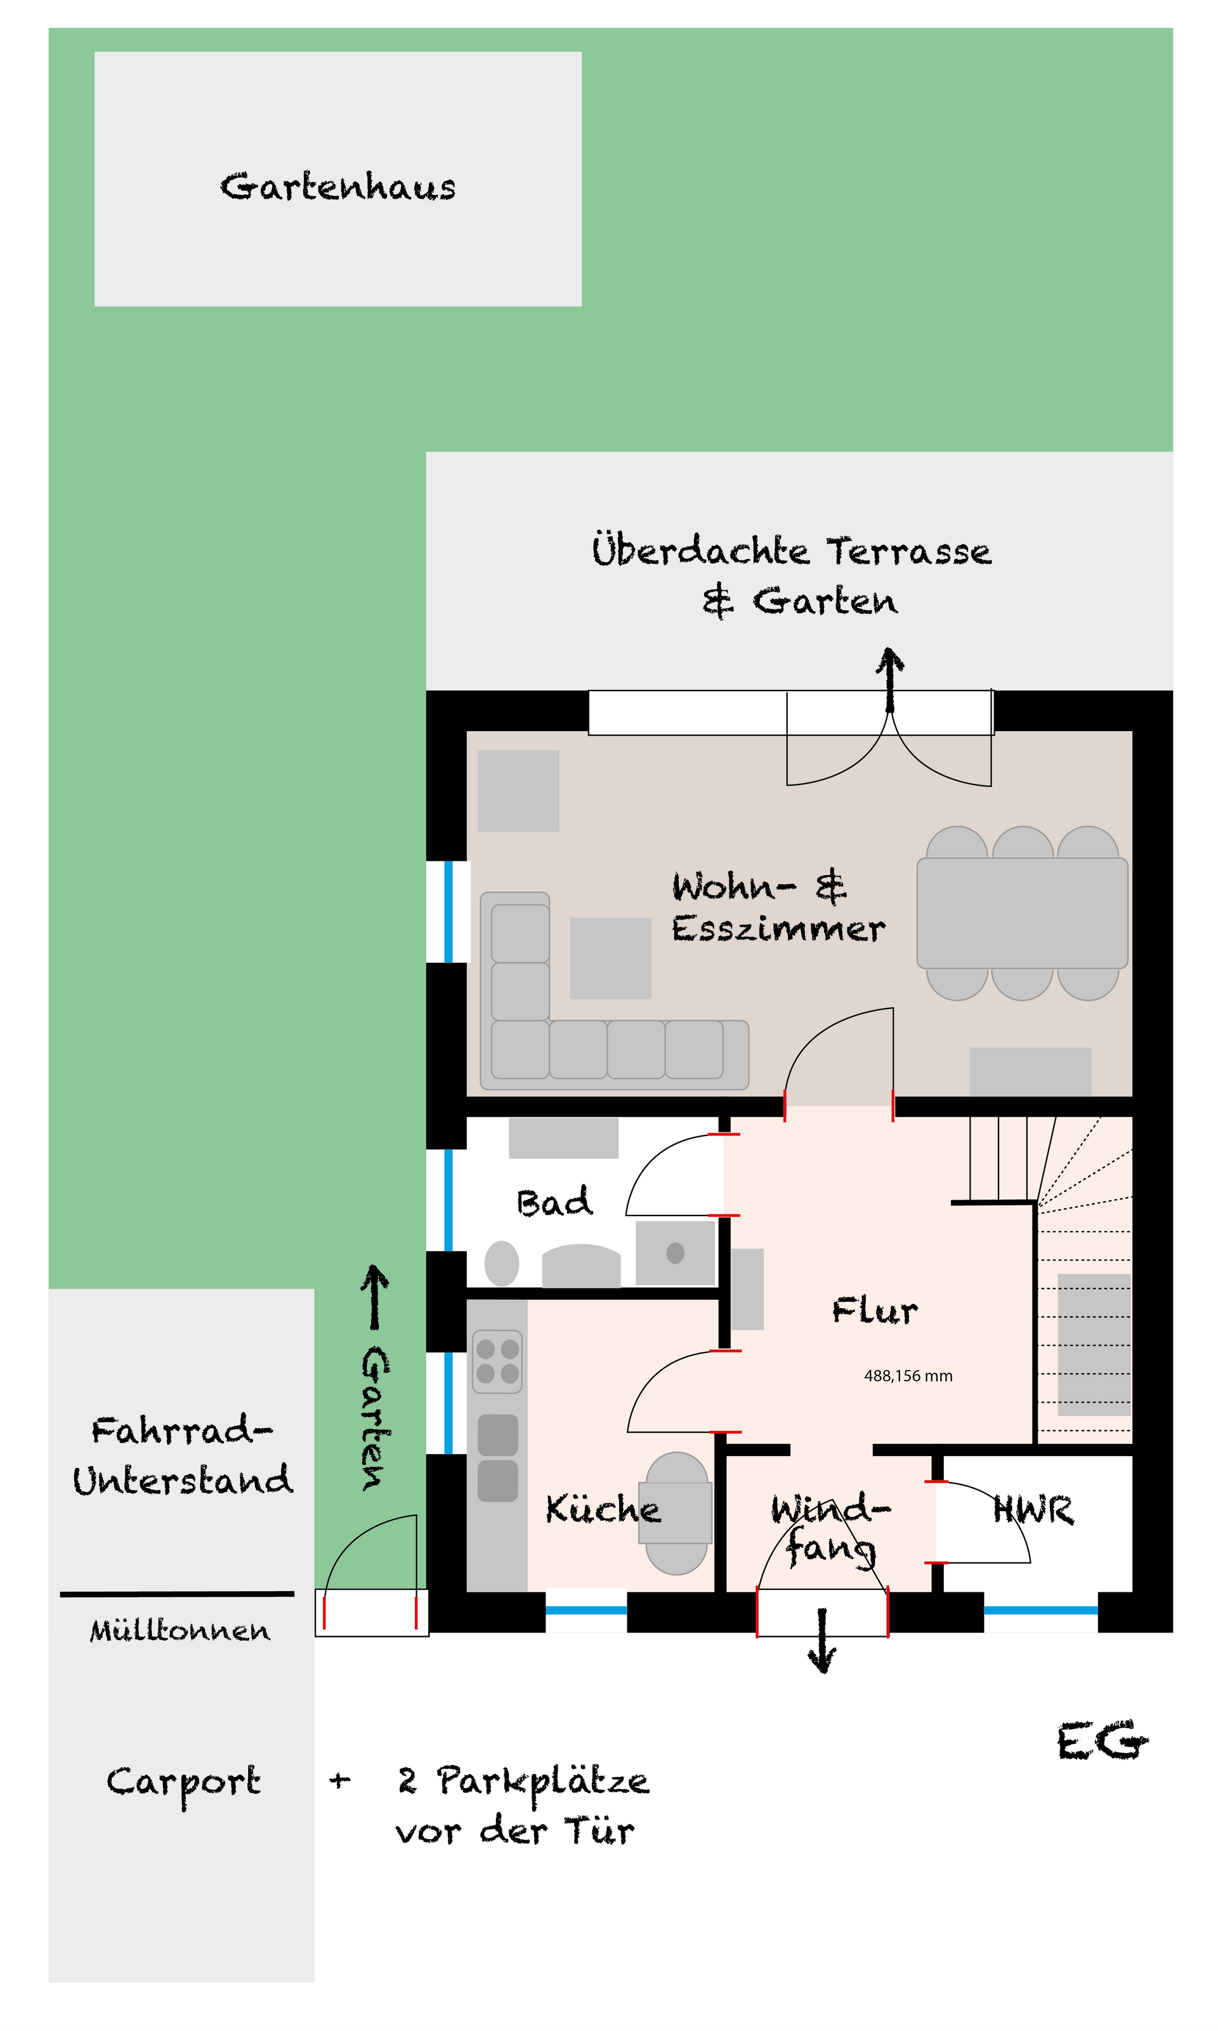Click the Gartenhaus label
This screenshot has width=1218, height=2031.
click(x=337, y=187)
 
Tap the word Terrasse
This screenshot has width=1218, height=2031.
click(x=908, y=551)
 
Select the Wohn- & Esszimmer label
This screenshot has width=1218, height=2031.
click(x=778, y=908)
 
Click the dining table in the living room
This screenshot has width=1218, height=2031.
click(x=1022, y=913)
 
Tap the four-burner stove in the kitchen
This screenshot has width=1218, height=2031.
click(x=497, y=1361)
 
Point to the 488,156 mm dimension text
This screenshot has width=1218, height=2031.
click(x=908, y=1376)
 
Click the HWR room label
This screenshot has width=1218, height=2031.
click(x=1033, y=1509)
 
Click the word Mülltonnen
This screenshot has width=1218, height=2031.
click(x=180, y=1630)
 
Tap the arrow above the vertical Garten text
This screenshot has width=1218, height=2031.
click(x=375, y=1297)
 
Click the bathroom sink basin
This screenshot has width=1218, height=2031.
click(x=676, y=1253)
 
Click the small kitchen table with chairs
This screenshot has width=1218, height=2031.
click(x=677, y=1513)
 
